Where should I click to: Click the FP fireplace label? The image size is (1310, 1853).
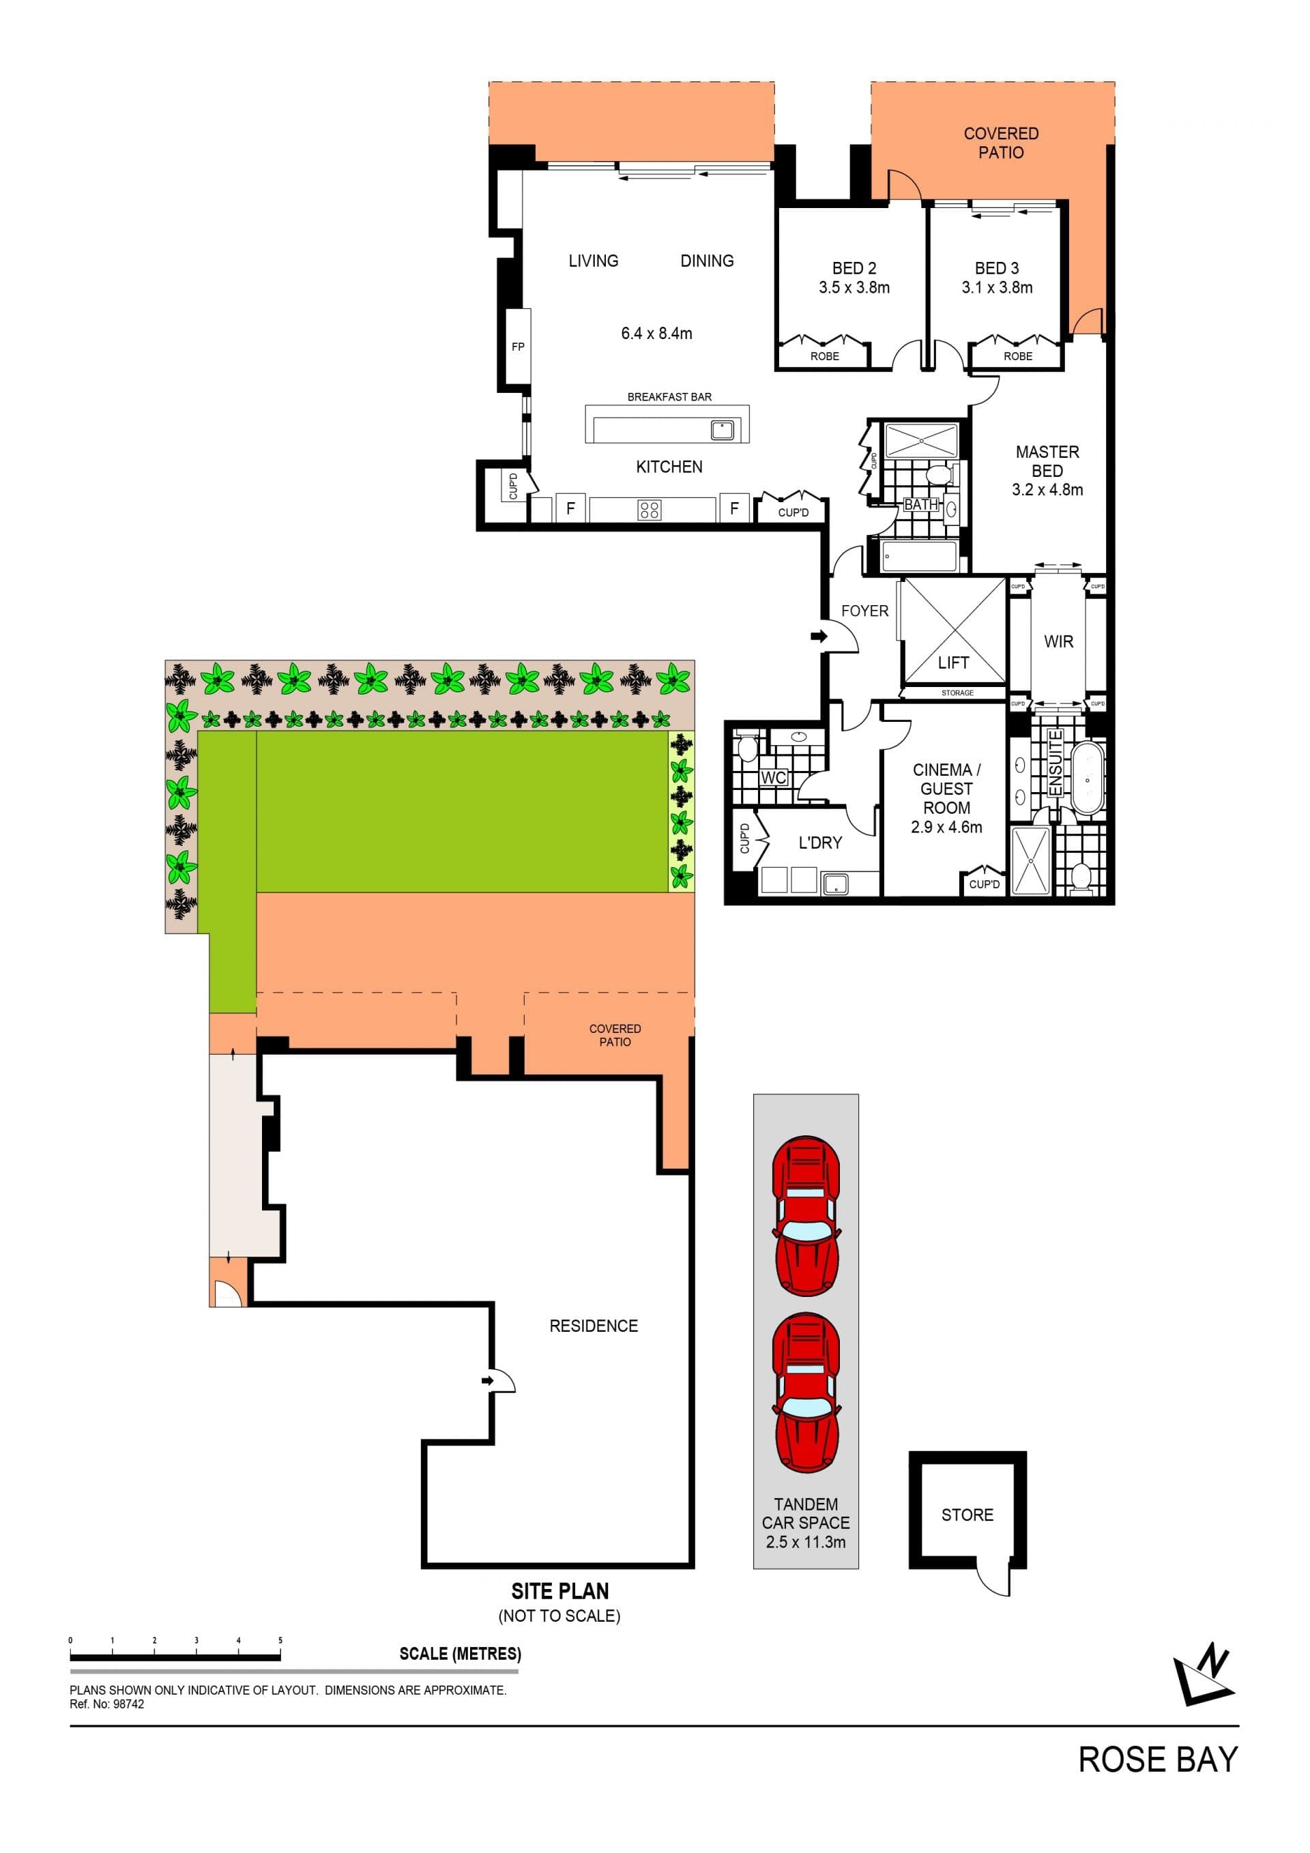tap(518, 347)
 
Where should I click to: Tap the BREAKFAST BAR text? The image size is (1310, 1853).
tap(669, 397)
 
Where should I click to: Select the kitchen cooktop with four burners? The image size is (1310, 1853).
tap(650, 509)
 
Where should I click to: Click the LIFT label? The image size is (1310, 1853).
tap(953, 662)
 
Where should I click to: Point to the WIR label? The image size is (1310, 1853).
tap(1058, 641)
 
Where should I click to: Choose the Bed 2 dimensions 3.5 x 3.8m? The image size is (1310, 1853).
tap(854, 287)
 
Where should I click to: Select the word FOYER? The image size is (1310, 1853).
tap(864, 611)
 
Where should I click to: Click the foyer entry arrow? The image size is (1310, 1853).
tap(819, 637)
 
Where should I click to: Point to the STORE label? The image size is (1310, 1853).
tap(967, 1515)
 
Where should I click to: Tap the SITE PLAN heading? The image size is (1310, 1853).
tap(559, 1591)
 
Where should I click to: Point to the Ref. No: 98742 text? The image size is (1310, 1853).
tap(106, 1704)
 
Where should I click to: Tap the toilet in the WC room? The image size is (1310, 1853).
tap(746, 746)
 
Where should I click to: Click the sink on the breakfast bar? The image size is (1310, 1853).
tap(722, 429)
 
